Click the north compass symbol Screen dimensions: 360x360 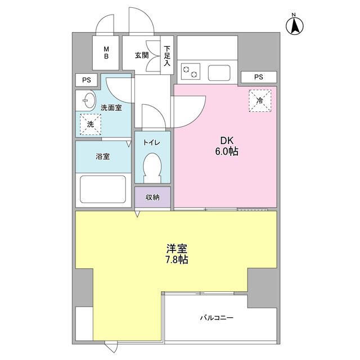click(294, 24)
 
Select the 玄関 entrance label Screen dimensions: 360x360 click(141, 55)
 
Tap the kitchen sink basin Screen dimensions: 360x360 click(220, 72)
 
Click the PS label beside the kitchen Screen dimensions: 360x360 click(258, 77)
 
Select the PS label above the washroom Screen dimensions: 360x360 click(86, 80)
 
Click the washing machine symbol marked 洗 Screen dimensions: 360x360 click(90, 124)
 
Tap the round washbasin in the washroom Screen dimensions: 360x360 click(87, 102)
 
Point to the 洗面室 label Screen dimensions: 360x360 click(111, 107)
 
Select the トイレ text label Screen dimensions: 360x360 click(152, 142)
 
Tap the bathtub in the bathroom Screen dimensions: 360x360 click(102, 189)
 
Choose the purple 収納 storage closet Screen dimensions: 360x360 click(152, 197)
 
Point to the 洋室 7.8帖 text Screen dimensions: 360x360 click(177, 254)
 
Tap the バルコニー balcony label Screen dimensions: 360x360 click(217, 318)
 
